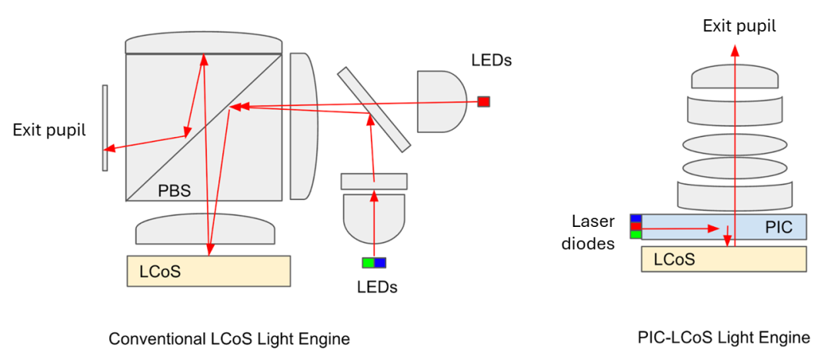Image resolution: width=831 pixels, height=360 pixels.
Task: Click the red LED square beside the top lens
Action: pyautogui.click(x=483, y=102)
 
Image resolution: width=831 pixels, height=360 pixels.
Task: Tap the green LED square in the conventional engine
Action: pyautogui.click(x=368, y=262)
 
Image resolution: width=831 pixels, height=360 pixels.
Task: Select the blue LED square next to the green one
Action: pyautogui.click(x=379, y=262)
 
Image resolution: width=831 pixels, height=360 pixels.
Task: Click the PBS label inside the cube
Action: pyautogui.click(x=173, y=189)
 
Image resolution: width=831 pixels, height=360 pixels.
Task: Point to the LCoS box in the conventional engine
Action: pyautogui.click(x=209, y=271)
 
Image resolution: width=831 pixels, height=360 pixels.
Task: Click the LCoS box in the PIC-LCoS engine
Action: pyautogui.click(x=724, y=259)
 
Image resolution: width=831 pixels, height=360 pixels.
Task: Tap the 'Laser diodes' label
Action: pyautogui.click(x=592, y=233)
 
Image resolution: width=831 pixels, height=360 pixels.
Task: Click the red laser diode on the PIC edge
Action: pyautogui.click(x=636, y=226)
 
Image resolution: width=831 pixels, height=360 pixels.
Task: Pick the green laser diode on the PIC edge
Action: pyautogui.click(x=636, y=235)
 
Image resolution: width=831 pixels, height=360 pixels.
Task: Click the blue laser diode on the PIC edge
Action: pyautogui.click(x=636, y=218)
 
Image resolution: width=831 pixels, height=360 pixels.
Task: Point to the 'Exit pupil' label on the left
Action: pyautogui.click(x=48, y=129)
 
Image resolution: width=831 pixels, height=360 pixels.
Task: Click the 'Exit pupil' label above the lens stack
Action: pyautogui.click(x=739, y=26)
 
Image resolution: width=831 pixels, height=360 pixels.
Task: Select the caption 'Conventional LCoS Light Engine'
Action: pyautogui.click(x=229, y=338)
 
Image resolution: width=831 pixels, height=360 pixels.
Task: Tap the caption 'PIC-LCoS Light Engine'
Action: pyautogui.click(x=724, y=337)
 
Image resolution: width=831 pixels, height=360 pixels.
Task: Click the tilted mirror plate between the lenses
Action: pyautogui.click(x=373, y=109)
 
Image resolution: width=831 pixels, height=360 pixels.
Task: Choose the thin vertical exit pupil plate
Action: pyautogui.click(x=105, y=128)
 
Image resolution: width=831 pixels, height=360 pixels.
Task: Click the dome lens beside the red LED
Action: pyautogui.click(x=441, y=101)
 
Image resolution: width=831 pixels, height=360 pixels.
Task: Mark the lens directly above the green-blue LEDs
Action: pyautogui.click(x=373, y=218)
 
